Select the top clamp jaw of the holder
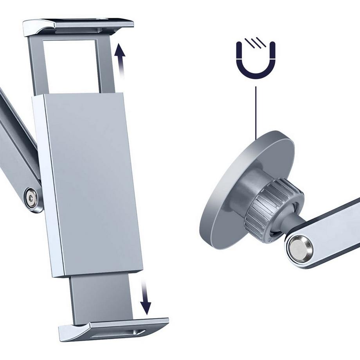coord(78,26)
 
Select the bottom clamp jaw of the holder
coord(113,327)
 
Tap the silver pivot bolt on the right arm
coord(299,248)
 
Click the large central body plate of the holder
coord(92,184)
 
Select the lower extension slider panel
coord(102,297)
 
